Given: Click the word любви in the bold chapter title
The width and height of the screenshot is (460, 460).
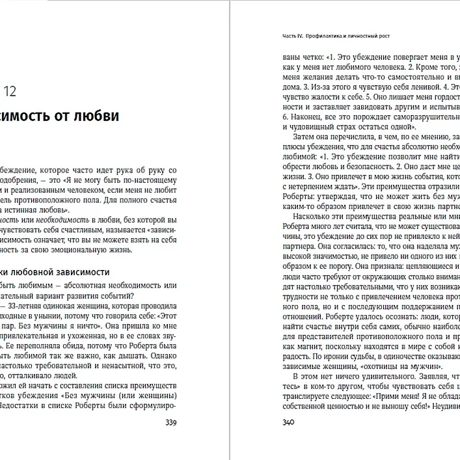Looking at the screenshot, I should click(96, 117).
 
